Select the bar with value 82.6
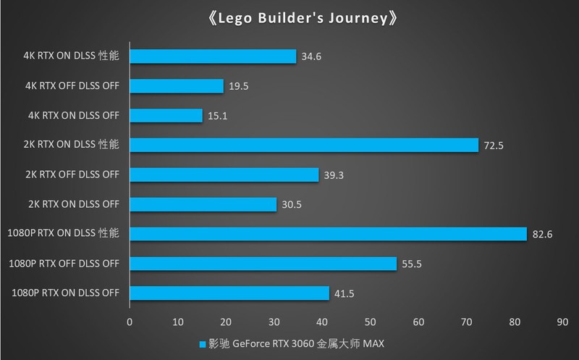[x=328, y=234]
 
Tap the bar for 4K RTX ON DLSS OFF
[x=166, y=116]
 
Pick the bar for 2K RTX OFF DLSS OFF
[x=224, y=175]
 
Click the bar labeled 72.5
[x=304, y=145]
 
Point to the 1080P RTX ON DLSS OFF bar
[x=229, y=293]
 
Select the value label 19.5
[x=239, y=86]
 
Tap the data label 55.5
[x=411, y=264]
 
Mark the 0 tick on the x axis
[x=130, y=320]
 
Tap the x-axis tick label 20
[x=226, y=320]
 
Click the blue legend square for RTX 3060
[x=201, y=345]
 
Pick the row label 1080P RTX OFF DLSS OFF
[x=65, y=263]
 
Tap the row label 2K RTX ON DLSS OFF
[x=71, y=204]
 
